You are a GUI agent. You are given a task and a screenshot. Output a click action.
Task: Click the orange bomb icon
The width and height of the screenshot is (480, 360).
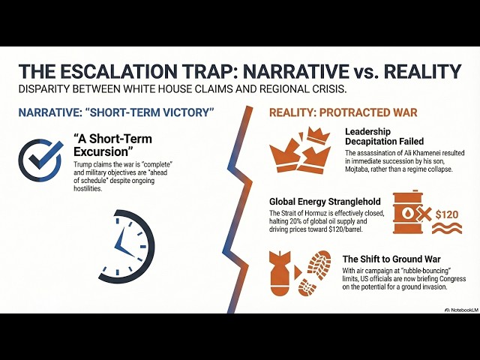[282, 275]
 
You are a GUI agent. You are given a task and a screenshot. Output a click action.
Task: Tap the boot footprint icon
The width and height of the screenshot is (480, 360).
[316, 275]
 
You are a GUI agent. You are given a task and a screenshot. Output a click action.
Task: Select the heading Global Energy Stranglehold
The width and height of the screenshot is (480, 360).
[322, 201]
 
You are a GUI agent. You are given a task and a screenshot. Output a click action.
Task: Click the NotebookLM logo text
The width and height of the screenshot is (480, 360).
[452, 306]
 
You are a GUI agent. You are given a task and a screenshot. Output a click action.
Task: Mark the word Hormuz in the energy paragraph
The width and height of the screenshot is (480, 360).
[328, 213]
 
